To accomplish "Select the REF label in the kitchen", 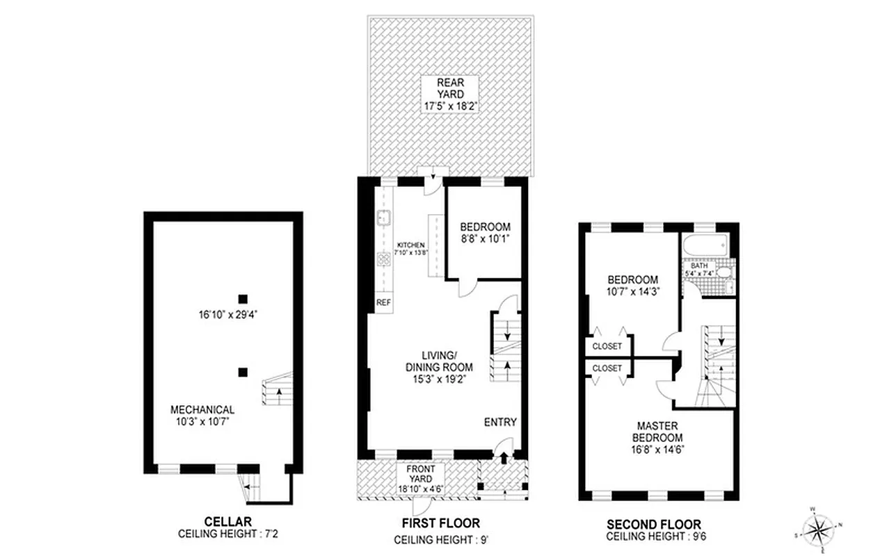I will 383,303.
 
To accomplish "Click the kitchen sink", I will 383,218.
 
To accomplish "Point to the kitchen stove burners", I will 383,260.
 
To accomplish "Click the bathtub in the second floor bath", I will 703,245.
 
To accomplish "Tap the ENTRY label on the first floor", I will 500,423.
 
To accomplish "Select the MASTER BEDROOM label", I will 657,432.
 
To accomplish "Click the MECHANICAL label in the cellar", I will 202,410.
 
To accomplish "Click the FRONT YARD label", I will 420,474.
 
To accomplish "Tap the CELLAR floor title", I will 227,522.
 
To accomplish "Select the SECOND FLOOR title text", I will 653,524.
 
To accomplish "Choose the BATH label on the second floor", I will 698,266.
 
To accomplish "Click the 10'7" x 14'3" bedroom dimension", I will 632,292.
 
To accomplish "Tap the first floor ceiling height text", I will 440,539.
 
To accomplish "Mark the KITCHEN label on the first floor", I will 410,246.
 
